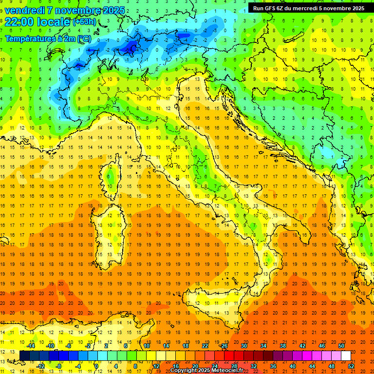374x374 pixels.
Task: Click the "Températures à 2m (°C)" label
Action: (48, 38)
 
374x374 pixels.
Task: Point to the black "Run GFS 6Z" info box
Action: (308, 8)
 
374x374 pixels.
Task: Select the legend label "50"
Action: (341, 346)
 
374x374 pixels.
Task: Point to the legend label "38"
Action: (282, 346)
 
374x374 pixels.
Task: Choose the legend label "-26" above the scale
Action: (224, 346)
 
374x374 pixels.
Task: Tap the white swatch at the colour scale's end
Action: (346, 356)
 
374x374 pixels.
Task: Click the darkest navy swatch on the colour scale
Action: (25, 356)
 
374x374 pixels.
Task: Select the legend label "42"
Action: (302, 346)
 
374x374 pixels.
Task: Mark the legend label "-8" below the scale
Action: (59, 366)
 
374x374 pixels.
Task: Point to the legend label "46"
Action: (321, 346)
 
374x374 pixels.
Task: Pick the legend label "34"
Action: (263, 346)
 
